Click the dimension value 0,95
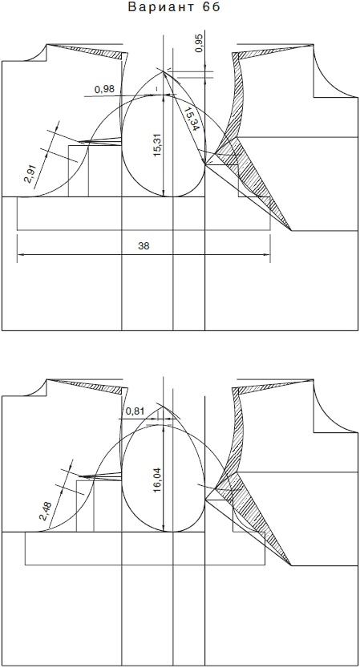point(200,43)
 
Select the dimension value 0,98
point(104,89)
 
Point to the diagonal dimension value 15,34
point(191,119)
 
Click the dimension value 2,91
point(32,173)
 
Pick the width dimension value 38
point(144,246)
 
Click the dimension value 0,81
point(136,411)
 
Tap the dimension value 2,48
point(45,511)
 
